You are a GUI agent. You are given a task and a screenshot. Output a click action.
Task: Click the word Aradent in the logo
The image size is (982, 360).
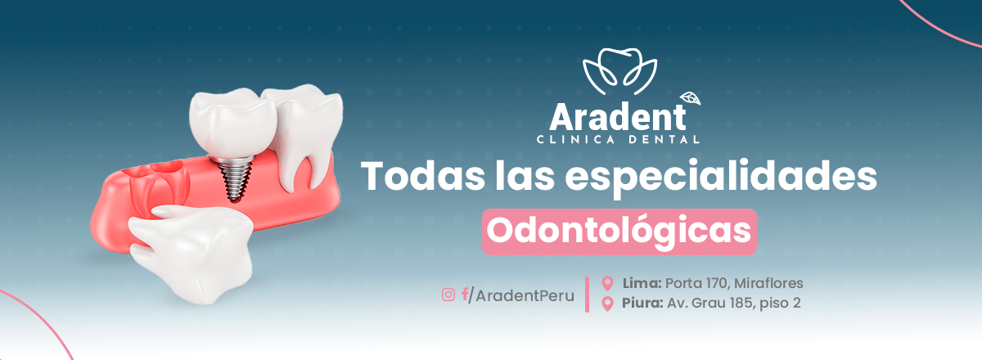618,118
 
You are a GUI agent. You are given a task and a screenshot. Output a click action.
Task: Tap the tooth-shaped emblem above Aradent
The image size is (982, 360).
620,70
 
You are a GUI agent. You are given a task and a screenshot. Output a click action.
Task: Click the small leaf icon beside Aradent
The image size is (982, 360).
691,99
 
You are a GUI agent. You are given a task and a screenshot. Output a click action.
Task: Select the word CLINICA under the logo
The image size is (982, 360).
575,140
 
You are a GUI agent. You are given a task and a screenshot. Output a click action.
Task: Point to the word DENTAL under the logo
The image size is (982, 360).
664,140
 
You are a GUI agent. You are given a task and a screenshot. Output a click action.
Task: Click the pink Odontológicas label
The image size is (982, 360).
619,232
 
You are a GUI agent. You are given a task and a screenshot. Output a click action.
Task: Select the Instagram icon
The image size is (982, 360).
448,295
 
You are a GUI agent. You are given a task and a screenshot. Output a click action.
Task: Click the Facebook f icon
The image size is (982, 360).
465,295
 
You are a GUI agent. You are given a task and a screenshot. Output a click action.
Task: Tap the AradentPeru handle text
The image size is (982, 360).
525,296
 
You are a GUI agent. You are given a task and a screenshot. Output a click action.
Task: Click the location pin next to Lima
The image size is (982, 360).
607,283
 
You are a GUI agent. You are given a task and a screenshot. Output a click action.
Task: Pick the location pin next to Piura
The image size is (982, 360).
607,304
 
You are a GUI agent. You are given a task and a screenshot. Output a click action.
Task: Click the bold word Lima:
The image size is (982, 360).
642,283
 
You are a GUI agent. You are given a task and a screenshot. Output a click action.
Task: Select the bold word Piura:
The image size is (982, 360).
642,303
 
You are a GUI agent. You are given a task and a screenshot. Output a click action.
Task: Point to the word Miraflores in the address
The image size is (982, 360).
768,283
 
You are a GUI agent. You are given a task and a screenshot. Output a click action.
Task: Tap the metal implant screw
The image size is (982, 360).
235,179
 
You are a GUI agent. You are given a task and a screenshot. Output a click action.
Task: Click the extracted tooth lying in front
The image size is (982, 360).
192,253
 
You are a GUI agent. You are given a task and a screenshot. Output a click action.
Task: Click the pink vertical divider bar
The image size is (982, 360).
587,295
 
